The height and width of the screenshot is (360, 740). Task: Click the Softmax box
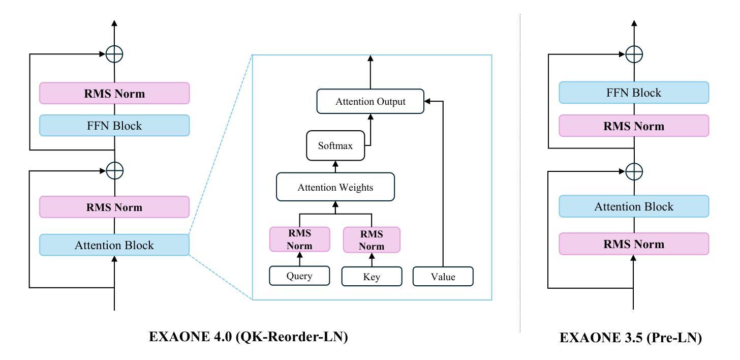pos(335,145)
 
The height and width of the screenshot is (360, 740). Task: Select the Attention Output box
pos(371,101)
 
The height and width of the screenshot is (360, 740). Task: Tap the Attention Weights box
pos(335,187)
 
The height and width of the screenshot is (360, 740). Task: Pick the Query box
pos(299,276)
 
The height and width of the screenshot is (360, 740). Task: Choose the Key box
pos(372,277)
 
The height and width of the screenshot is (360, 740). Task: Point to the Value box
pos(443,277)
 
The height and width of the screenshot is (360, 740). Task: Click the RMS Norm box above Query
pos(300,239)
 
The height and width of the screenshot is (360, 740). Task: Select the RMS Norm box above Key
pos(372,240)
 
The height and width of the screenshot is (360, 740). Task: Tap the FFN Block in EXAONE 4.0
pos(114,126)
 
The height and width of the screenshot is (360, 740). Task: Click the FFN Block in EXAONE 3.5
pos(634,93)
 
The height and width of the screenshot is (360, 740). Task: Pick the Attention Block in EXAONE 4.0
pos(114,245)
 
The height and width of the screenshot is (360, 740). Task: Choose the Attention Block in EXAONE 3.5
pos(634,206)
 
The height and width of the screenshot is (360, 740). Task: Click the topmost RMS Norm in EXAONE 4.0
pos(114,93)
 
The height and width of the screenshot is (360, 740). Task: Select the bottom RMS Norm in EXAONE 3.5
pos(634,244)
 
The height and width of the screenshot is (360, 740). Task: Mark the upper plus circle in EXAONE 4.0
pos(114,54)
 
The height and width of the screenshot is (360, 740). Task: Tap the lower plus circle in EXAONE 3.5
pos(634,171)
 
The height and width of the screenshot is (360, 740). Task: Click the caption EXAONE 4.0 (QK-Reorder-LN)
pos(249,337)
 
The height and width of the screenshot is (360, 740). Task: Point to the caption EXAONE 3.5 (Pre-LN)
pos(631,338)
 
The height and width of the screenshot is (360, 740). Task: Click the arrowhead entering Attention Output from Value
pos(427,101)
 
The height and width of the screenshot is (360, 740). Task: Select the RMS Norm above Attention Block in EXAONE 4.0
pos(114,207)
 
